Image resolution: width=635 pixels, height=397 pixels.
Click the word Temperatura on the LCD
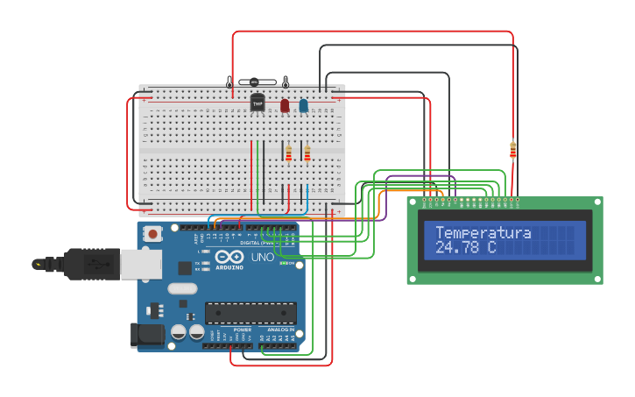point(483,233)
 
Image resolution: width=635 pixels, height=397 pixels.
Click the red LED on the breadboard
point(285,106)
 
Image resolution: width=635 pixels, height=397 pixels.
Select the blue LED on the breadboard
point(304,106)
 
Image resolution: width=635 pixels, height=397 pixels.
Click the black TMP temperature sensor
point(258,103)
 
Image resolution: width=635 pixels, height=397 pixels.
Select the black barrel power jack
point(146,334)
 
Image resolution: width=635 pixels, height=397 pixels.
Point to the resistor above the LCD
point(512,150)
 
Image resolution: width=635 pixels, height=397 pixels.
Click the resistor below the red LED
point(288,153)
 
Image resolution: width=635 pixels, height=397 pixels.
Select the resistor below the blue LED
point(307,153)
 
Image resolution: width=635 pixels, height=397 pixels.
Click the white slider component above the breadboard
point(258,82)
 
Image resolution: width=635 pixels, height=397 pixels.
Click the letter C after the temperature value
point(492,249)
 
